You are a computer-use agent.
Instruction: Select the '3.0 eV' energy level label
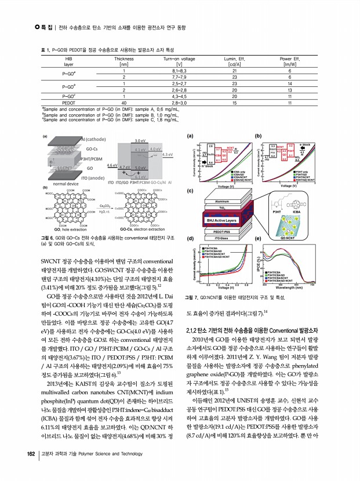click(x=140, y=141)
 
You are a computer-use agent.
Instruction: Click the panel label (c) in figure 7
click(x=189, y=190)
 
